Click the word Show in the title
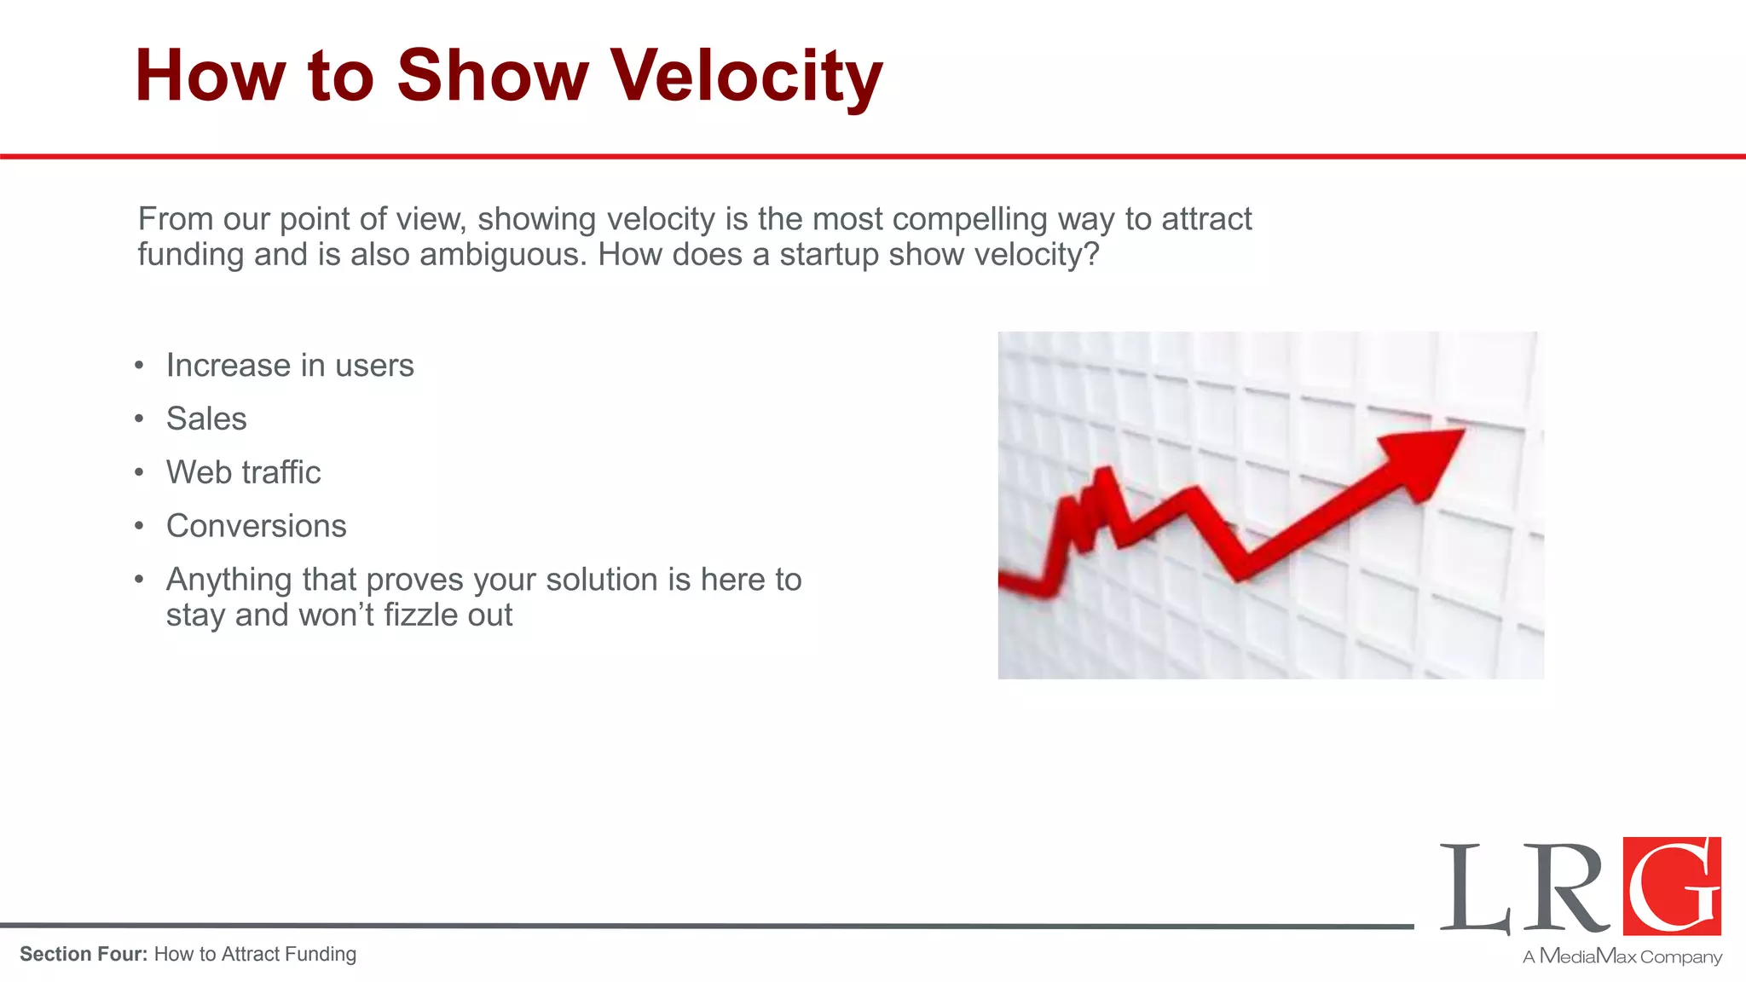tap(492, 77)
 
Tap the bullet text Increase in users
tap(290, 366)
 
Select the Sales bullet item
tap(206, 419)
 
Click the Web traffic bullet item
tap(244, 473)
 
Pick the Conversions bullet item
tap(257, 527)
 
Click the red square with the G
tap(1671, 886)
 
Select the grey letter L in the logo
tap(1473, 889)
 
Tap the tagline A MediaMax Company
tap(1622, 956)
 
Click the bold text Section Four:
tap(84, 955)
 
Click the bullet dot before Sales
tap(139, 419)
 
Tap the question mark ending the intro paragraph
tap(1091, 255)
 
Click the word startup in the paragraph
tap(829, 255)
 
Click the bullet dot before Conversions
tap(139, 527)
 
